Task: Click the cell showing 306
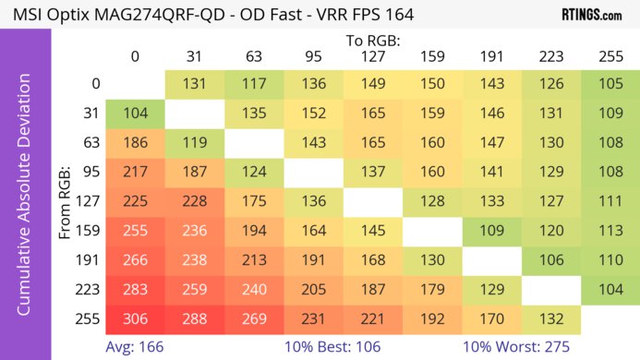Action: point(135,318)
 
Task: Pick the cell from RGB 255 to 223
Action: point(549,318)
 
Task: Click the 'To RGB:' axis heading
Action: point(371,41)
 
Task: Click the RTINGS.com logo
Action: point(591,15)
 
